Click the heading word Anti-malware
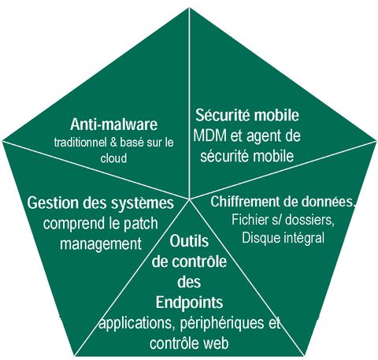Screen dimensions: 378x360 113,124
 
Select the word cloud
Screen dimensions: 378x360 113,158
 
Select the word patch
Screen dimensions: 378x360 141,225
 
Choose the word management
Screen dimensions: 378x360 101,244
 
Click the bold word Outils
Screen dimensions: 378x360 189,241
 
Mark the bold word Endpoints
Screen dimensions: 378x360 189,302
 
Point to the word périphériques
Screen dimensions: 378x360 222,324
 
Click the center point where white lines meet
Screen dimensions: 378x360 189,199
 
